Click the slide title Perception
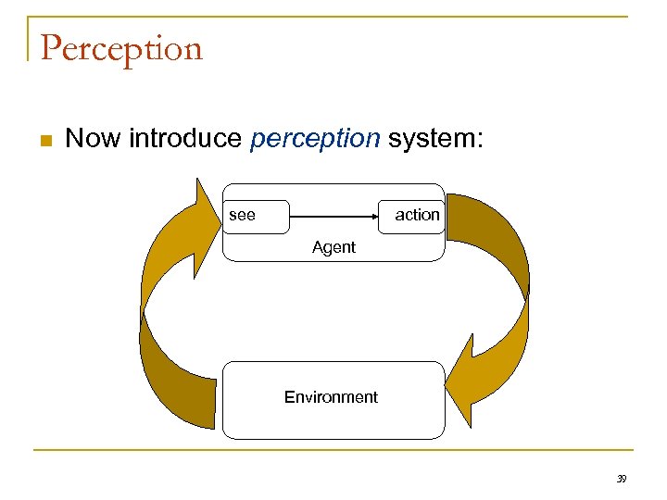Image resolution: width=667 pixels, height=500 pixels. [121, 49]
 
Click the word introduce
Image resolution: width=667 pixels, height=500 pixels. [185, 139]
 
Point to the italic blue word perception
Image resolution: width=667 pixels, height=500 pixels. [315, 139]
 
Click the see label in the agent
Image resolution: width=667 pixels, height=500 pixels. [242, 215]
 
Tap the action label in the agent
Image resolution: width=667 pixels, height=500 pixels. [417, 215]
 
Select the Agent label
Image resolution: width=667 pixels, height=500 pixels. [333, 247]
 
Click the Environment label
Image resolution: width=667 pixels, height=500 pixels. [331, 397]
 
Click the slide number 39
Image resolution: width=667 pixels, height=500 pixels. [622, 479]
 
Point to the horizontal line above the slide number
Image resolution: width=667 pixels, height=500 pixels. [333, 451]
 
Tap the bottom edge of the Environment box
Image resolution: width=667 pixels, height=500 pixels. [333, 438]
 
